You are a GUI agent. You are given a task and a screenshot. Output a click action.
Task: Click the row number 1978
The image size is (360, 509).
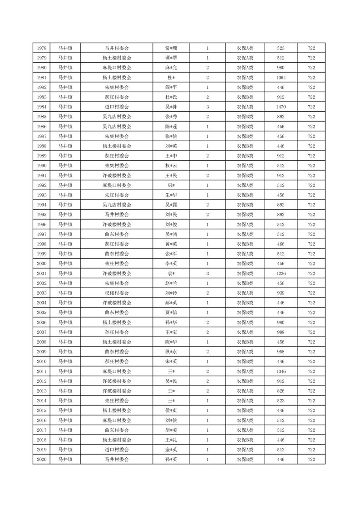[41, 48]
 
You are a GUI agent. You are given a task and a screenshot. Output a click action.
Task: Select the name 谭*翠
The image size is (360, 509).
[171, 58]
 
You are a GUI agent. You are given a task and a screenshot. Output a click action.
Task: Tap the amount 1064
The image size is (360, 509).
[281, 78]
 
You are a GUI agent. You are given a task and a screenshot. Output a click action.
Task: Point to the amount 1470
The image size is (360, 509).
[281, 107]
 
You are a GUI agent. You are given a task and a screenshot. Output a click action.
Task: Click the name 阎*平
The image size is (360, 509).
[171, 88]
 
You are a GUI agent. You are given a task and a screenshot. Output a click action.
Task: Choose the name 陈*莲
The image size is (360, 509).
[171, 127]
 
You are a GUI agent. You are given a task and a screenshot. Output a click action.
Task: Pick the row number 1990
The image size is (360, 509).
[41, 166]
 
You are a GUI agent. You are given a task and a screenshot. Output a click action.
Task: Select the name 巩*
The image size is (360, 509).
[171, 185]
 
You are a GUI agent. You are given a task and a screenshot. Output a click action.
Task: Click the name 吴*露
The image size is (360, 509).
[171, 205]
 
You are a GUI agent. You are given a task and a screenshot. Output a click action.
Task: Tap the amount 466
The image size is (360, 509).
[281, 244]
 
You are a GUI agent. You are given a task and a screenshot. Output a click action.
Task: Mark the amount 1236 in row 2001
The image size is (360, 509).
[281, 274]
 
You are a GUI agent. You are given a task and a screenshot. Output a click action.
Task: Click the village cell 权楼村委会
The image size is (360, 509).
[117, 293]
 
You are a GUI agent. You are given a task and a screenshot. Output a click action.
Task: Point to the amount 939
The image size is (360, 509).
[281, 293]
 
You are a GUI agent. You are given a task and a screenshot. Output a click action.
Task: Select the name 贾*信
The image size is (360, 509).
[171, 313]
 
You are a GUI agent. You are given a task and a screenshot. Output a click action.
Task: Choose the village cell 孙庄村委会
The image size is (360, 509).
[117, 332]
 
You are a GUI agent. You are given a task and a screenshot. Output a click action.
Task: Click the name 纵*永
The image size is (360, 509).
[171, 352]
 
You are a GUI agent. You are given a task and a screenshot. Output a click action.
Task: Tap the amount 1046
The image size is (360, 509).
[281, 372]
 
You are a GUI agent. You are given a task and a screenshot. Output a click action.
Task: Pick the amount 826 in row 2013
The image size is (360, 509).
[281, 391]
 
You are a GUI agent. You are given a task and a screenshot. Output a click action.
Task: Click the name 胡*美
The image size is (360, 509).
[171, 430]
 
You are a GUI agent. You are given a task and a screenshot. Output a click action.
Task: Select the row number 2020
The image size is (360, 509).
[41, 460]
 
